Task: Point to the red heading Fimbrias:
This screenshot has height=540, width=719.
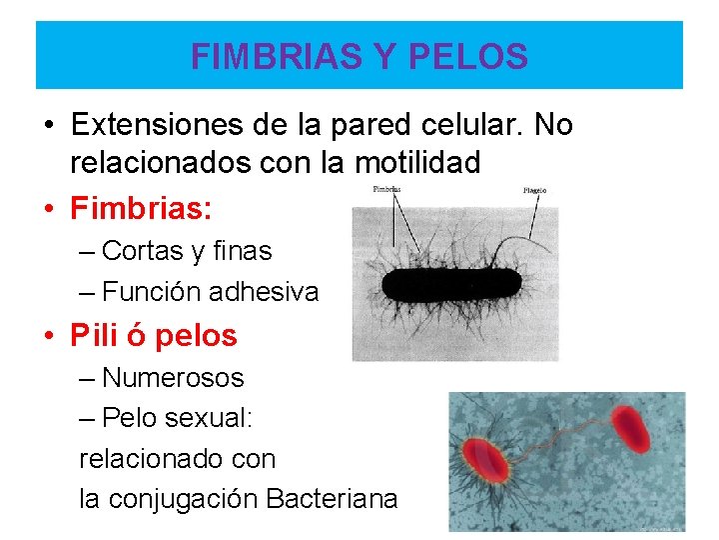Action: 141,209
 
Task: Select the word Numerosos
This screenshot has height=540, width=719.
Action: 173,378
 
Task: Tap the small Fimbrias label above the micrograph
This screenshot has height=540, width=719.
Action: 386,189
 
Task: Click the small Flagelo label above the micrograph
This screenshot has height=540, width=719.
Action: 534,190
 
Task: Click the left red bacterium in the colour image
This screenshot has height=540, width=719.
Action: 484,459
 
